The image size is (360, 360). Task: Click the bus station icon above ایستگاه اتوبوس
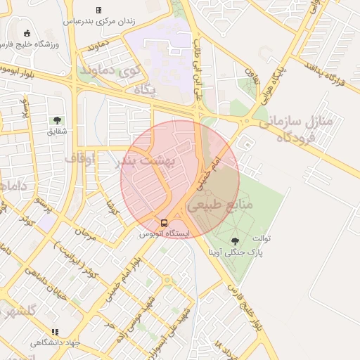164,223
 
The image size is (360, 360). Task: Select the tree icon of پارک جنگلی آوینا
235,241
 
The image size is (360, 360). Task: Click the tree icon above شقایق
57,120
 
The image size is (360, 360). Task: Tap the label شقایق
57,131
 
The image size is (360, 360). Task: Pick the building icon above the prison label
98,10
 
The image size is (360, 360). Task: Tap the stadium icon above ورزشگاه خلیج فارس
27,33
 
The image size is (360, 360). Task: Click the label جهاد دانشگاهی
56,342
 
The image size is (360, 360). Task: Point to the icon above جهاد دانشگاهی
56,332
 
